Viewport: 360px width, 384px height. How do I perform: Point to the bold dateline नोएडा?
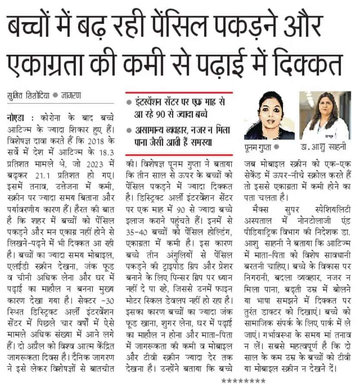[x=18, y=117]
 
